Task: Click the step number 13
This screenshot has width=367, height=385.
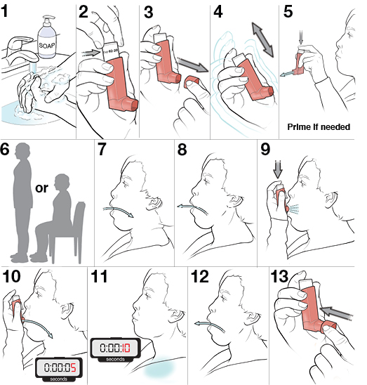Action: click(x=282, y=278)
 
